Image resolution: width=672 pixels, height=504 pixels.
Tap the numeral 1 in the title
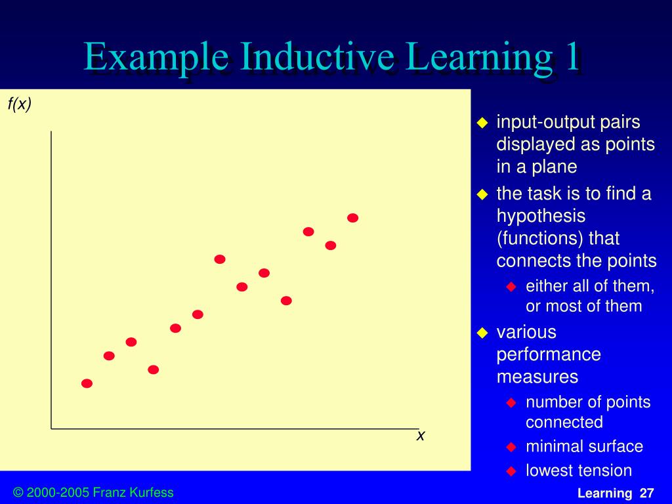tap(572, 57)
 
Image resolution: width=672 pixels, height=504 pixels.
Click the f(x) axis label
tap(20, 104)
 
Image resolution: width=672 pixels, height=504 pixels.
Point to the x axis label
tap(421, 435)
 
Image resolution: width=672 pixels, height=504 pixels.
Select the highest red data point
tap(352, 218)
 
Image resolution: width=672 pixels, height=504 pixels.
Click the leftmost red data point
tap(87, 383)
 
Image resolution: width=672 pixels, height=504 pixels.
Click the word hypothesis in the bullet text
tap(541, 216)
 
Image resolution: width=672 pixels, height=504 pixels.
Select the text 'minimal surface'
tap(584, 447)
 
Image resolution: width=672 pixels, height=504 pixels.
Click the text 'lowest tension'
tap(578, 471)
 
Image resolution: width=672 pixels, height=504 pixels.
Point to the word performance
tap(549, 354)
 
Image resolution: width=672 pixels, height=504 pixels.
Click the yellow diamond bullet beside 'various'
tap(482, 333)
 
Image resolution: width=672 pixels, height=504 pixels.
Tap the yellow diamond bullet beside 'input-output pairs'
tap(482, 123)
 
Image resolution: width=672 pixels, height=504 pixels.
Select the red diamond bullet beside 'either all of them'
tap(512, 287)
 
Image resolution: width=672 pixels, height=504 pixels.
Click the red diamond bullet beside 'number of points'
tap(512, 402)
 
